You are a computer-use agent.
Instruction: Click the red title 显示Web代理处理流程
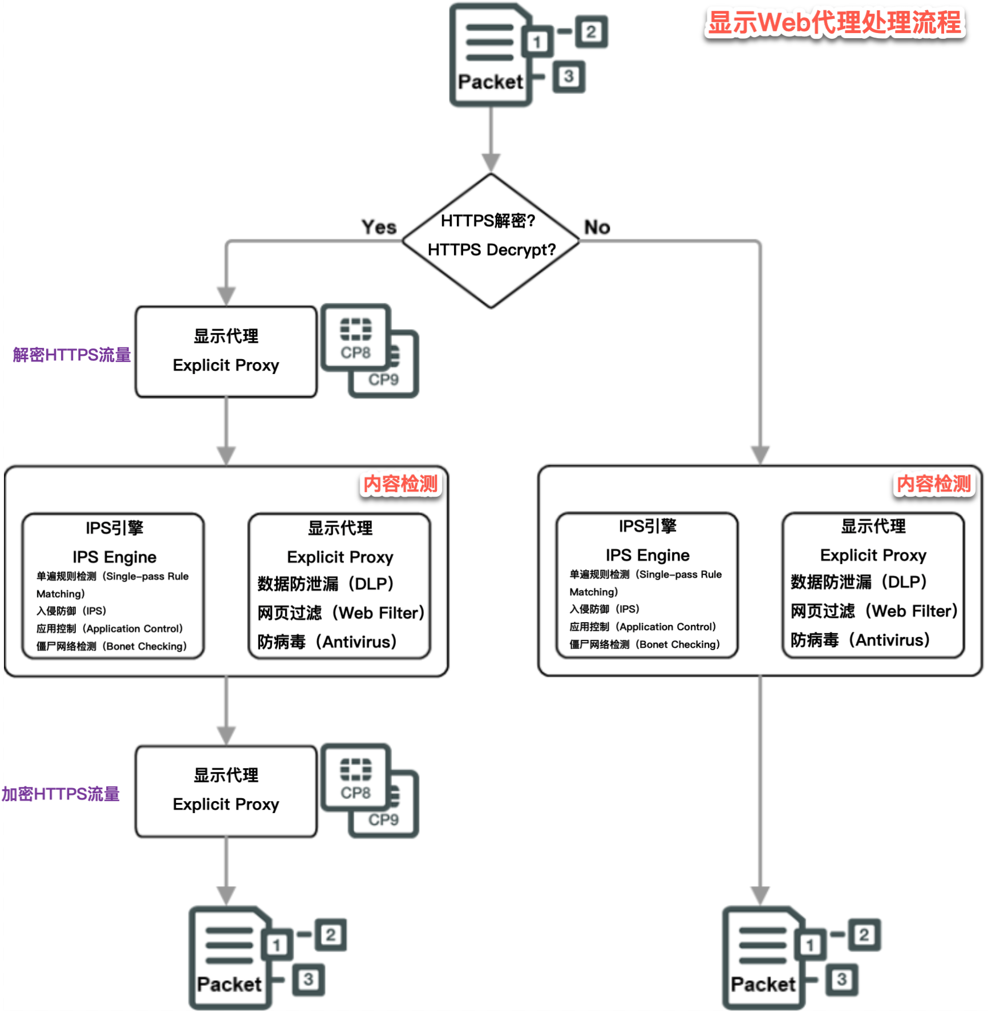[x=834, y=23]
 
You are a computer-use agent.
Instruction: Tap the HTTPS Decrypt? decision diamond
[x=491, y=241]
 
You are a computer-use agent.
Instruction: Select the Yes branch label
[x=379, y=227]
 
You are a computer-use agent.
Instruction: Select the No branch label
[x=597, y=227]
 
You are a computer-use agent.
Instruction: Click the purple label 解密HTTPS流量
[x=72, y=355]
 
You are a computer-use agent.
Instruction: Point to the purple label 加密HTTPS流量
[x=60, y=794]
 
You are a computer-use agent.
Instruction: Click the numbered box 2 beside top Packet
[x=591, y=31]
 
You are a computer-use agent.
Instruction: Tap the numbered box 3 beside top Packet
[x=568, y=76]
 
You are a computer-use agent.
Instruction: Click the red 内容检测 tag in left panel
[x=400, y=484]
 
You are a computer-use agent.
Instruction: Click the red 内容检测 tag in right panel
[x=933, y=484]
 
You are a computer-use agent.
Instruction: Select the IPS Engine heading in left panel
[x=114, y=557]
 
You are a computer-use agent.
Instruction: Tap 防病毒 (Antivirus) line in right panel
[x=860, y=640]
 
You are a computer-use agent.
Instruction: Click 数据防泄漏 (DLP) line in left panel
[x=326, y=584]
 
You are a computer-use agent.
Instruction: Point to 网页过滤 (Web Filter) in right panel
[x=874, y=611]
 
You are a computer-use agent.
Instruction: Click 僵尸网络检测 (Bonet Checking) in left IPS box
[x=112, y=646]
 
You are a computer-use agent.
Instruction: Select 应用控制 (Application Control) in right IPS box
[x=643, y=627]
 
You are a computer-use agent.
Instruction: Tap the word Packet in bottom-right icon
[x=763, y=984]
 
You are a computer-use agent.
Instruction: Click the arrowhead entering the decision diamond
[x=491, y=162]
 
